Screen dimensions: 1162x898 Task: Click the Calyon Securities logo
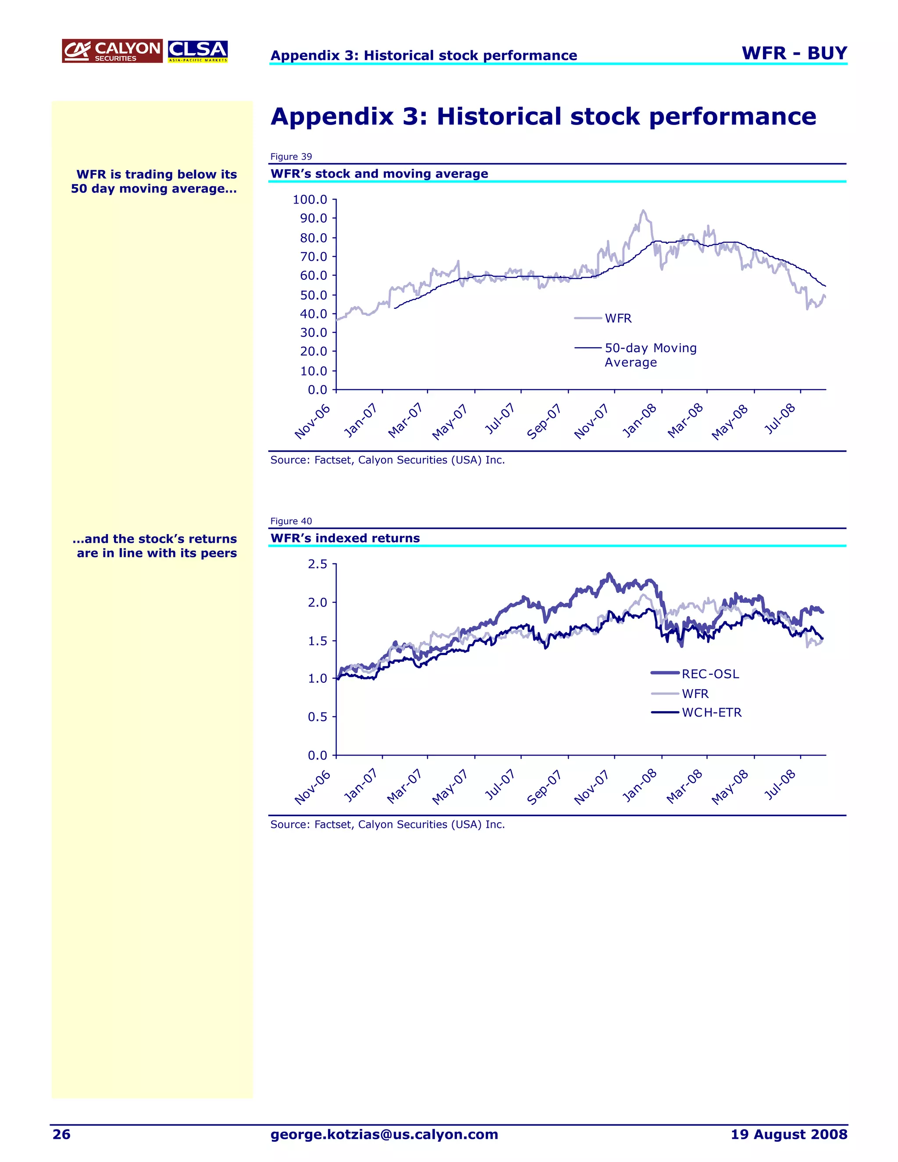112,51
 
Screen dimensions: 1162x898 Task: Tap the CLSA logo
198,51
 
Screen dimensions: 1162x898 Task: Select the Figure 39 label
291,157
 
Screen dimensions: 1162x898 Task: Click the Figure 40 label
291,521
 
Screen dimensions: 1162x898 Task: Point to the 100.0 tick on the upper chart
310,200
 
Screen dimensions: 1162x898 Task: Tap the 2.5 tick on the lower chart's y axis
317,564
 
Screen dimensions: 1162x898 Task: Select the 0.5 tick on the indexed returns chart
317,716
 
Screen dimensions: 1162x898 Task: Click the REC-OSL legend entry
710,674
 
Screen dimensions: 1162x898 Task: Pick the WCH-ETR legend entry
711,713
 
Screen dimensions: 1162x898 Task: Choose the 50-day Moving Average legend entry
650,355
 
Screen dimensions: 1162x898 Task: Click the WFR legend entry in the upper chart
618,318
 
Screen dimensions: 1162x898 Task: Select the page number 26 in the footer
61,1134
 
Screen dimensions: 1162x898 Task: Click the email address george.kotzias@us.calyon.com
384,1134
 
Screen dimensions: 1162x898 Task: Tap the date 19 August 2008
788,1134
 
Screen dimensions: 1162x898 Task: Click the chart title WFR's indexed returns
345,538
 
